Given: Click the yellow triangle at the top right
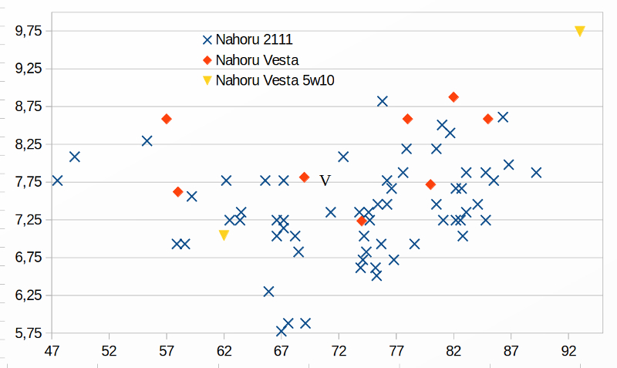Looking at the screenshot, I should tap(580, 31).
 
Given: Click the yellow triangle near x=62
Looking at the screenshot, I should tap(224, 235).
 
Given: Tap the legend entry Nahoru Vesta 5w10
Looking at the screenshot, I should tap(275, 79).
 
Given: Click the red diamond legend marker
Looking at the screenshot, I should tap(207, 60).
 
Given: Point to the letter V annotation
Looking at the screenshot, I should tap(325, 181).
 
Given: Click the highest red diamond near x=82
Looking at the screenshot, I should tap(453, 97).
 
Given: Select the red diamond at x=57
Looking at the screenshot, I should tap(167, 119).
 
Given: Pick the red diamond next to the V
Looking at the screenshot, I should tap(304, 177).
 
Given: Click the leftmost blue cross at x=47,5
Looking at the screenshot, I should tap(57, 181).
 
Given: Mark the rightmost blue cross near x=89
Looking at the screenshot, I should tap(536, 173).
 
